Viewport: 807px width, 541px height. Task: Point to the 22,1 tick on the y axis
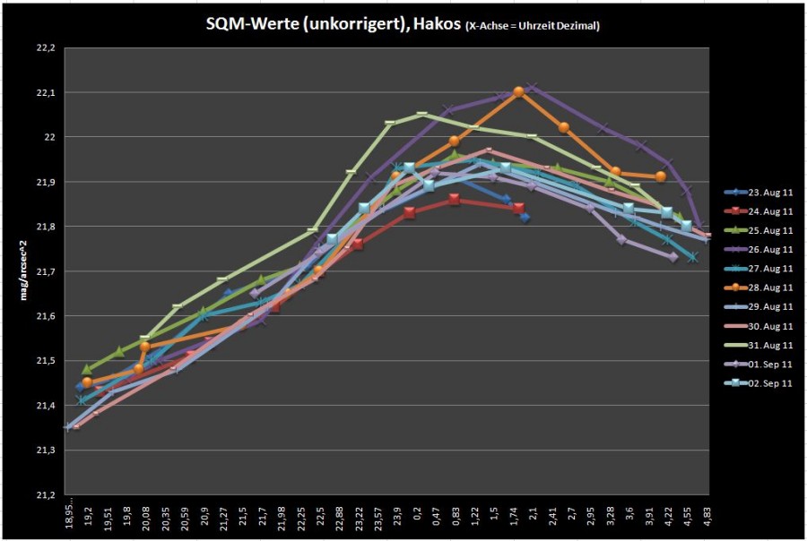[45, 92]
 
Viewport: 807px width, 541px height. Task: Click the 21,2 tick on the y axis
[45, 495]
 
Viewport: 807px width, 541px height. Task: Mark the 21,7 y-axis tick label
[45, 271]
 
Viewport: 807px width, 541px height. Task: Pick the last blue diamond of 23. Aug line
[525, 218]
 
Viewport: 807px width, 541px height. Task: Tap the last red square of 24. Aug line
[519, 208]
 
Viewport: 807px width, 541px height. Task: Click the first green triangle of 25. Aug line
[87, 369]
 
